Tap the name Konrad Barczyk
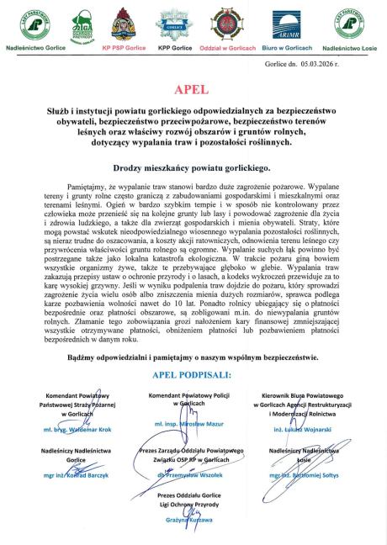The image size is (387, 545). (71, 475)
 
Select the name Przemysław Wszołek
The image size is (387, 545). (193, 475)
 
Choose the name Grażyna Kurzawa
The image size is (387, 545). (193, 521)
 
